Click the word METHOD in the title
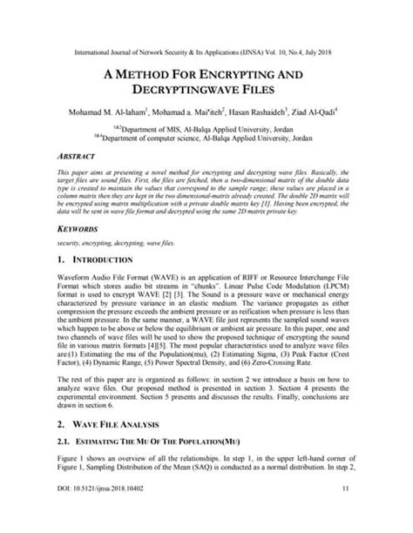pos(159,75)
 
